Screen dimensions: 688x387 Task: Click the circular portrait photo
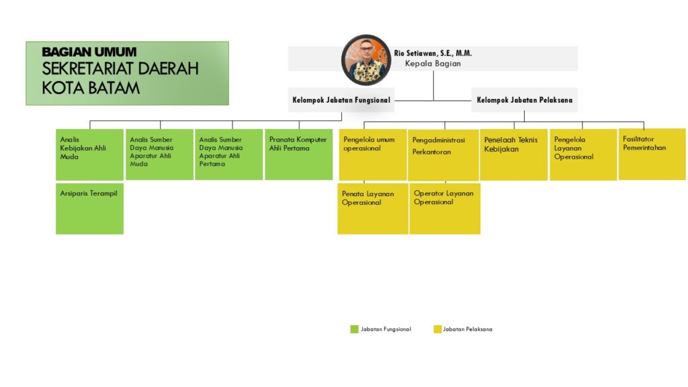(x=366, y=60)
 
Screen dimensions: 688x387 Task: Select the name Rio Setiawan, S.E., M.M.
(x=433, y=53)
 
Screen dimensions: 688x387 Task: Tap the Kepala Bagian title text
(x=433, y=64)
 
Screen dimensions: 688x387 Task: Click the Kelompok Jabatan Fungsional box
(x=341, y=100)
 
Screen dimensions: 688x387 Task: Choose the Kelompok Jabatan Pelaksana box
(x=524, y=100)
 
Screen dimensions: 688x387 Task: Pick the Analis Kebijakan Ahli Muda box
(x=89, y=155)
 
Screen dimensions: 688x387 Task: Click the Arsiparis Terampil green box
(x=89, y=209)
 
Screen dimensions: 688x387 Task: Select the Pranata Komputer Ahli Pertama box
(x=299, y=155)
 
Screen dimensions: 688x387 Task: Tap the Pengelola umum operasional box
(x=373, y=155)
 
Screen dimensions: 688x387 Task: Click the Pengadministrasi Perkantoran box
(x=443, y=155)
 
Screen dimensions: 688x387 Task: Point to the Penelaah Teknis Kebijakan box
(x=514, y=155)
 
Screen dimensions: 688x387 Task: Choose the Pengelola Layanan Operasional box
(x=583, y=155)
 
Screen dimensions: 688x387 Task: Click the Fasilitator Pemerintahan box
(x=652, y=154)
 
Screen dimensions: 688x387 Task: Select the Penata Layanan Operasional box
(x=373, y=209)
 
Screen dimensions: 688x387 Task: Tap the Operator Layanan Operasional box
(x=445, y=209)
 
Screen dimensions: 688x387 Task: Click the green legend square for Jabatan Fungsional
(x=355, y=329)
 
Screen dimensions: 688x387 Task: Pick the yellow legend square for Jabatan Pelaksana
(x=437, y=329)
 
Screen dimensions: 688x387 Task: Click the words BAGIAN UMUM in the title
(x=89, y=52)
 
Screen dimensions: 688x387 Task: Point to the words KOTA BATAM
(x=91, y=88)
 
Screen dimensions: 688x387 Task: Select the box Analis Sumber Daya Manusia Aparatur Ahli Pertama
(x=229, y=155)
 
